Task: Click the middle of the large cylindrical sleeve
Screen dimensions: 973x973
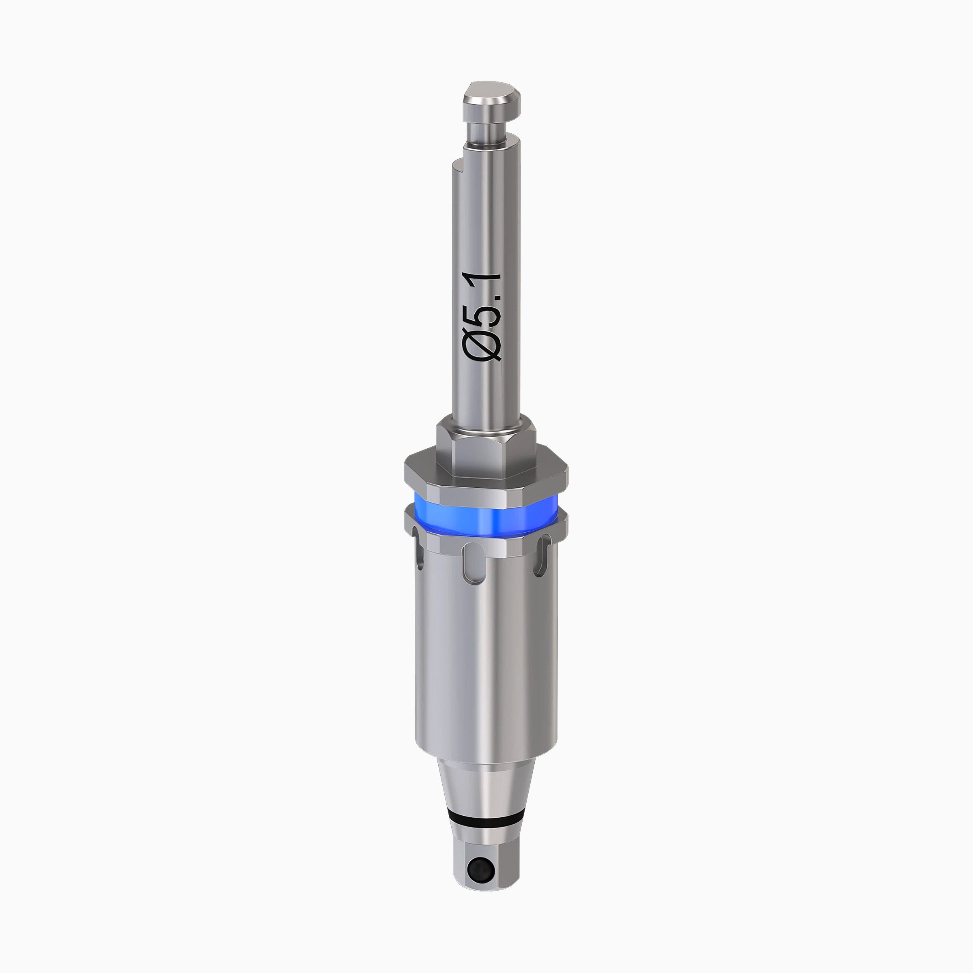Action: pyautogui.click(x=486, y=655)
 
